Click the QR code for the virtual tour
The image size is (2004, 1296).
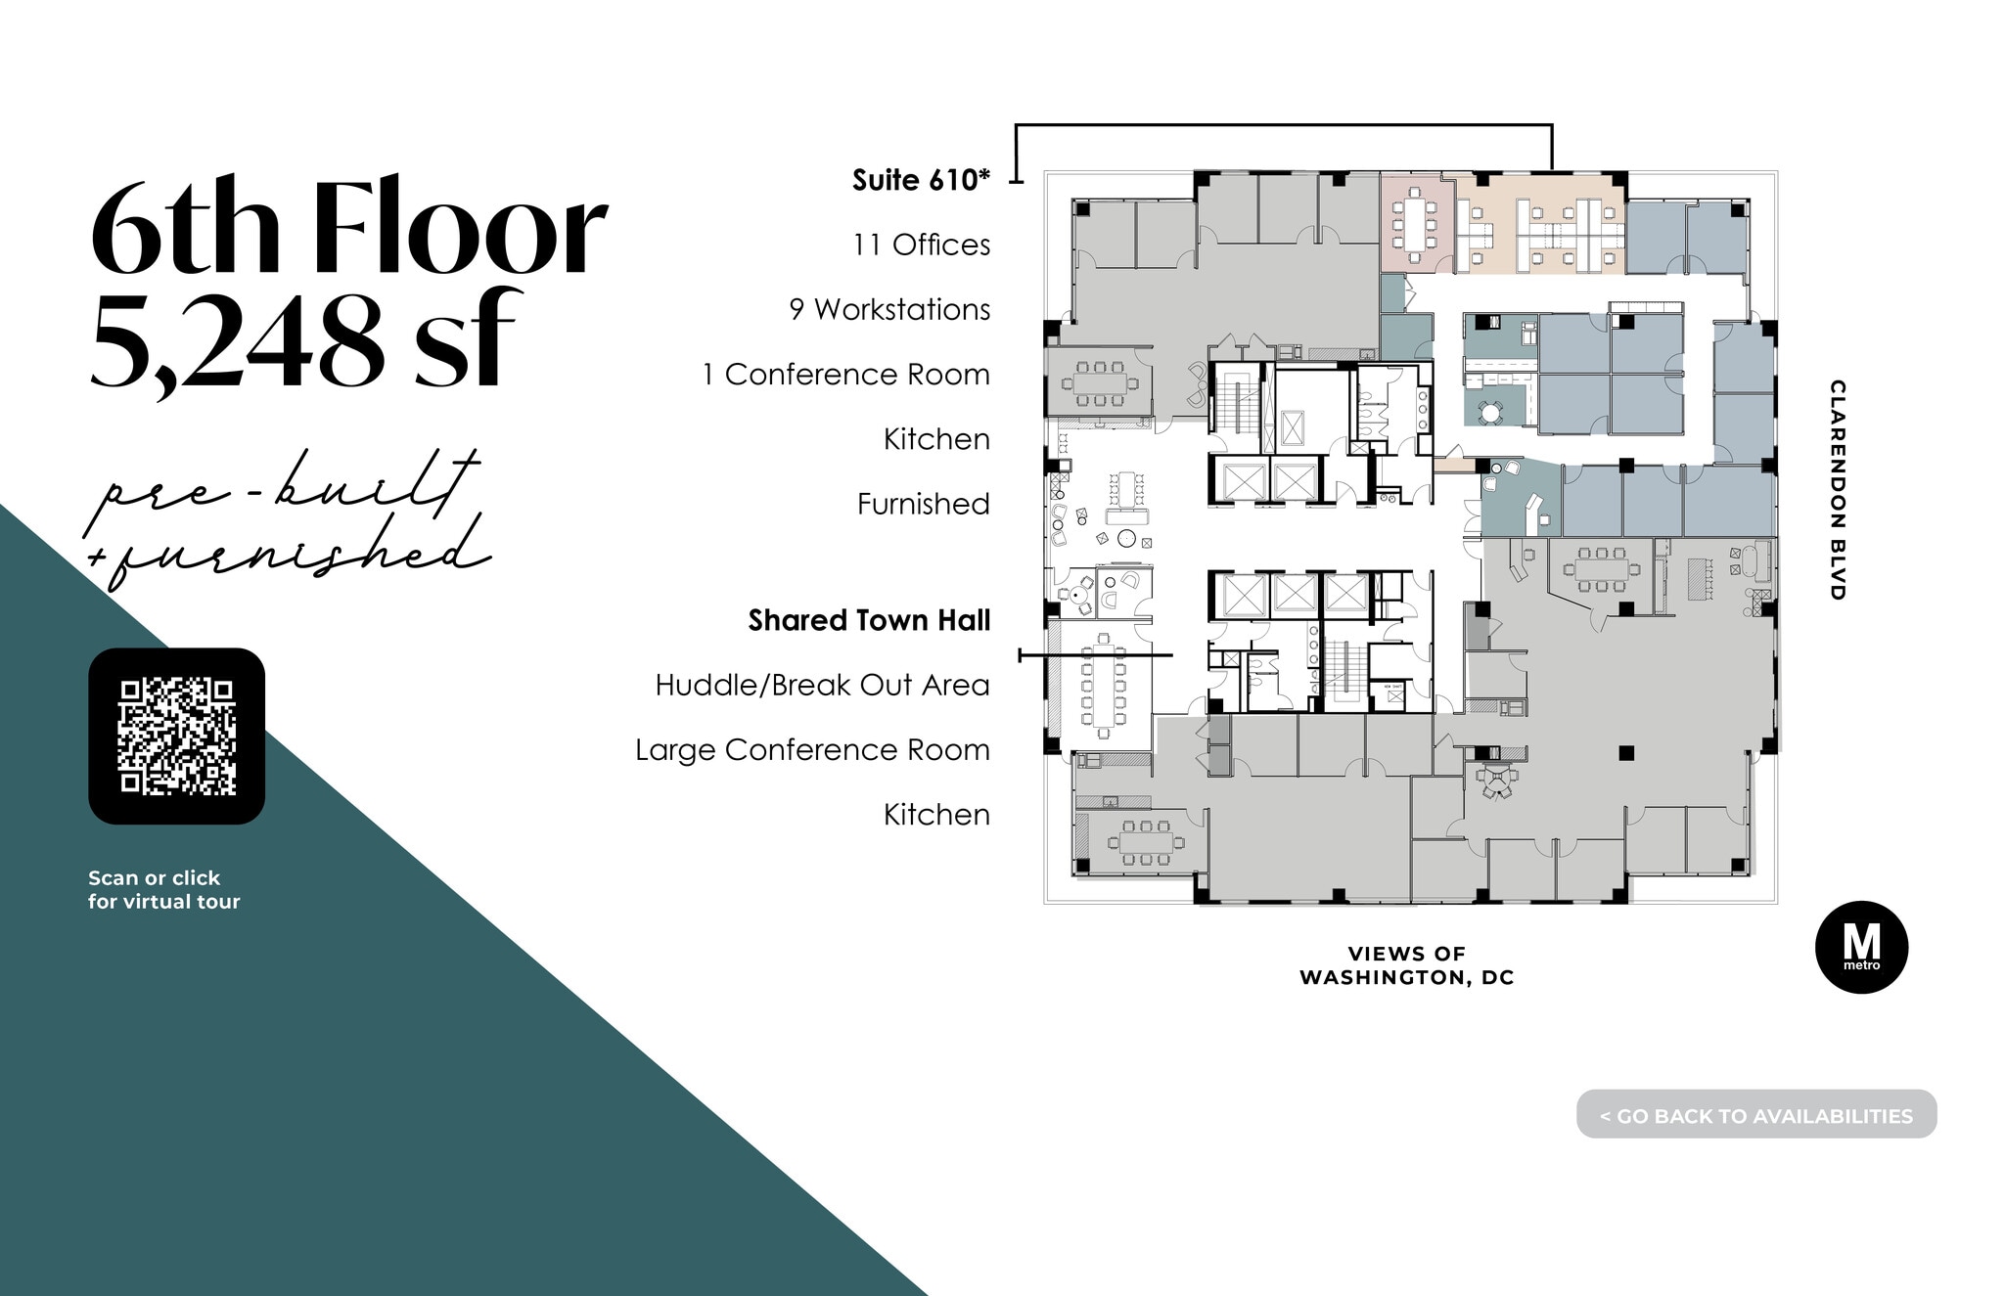click(177, 736)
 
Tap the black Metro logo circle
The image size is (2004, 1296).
click(1861, 947)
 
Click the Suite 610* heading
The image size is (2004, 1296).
click(921, 180)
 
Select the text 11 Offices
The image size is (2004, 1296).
click(921, 245)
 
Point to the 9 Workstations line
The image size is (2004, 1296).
click(889, 309)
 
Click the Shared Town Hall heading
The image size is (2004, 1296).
click(869, 620)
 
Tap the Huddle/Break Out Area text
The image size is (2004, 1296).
click(822, 685)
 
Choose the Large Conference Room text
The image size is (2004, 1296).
click(812, 750)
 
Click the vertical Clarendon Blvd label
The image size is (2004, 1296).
click(1838, 489)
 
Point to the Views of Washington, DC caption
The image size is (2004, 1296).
click(1406, 965)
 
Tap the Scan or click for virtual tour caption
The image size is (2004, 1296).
click(163, 889)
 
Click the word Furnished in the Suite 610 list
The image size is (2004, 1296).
click(923, 504)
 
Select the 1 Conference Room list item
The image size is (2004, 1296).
click(845, 375)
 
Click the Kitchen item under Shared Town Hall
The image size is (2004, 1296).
click(936, 815)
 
